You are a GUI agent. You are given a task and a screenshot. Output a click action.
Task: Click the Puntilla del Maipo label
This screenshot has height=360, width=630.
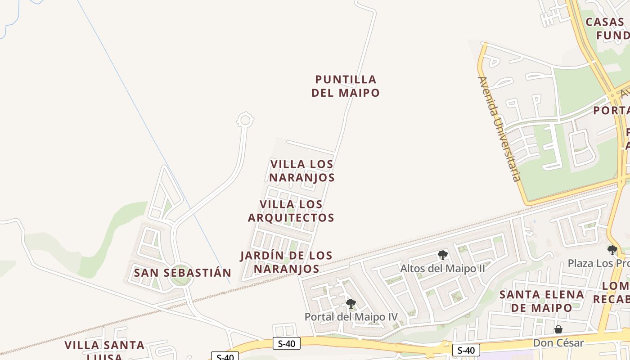coord(346,86)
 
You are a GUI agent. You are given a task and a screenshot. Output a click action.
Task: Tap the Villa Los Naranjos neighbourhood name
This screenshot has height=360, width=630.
coord(302,171)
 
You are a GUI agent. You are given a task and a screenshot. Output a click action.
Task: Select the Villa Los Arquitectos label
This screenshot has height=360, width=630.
coord(291,211)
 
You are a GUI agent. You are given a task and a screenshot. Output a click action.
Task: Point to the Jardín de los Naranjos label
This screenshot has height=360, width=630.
coord(286,262)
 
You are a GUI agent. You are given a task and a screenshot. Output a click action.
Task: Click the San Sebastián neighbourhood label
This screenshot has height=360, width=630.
coord(182,273)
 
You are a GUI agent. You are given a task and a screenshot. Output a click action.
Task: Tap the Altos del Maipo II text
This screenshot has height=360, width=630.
coord(443,269)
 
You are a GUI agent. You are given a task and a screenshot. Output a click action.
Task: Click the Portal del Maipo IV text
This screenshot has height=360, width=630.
coord(351,317)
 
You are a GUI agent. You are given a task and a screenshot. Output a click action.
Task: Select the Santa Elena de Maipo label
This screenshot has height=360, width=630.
coord(542,301)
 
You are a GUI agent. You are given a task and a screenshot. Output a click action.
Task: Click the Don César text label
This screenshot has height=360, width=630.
coord(558,343)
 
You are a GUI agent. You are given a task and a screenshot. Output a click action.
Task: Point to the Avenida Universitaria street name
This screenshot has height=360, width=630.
coord(499,129)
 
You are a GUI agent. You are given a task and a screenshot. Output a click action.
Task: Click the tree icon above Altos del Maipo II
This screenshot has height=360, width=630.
coord(443,255)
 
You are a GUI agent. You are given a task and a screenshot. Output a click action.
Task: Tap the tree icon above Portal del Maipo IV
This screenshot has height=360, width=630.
coord(351,304)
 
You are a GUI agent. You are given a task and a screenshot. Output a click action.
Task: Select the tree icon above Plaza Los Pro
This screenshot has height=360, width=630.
coord(612,250)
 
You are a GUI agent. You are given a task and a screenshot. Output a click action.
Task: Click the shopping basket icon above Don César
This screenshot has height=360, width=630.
coord(558,329)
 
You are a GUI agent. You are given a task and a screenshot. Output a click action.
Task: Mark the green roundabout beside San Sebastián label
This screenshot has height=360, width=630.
coord(181,277)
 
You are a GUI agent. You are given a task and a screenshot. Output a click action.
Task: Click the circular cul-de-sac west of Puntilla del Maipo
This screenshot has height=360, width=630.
coord(245,120)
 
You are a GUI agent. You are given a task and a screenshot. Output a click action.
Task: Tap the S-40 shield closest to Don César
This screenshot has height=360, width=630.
coord(466,350)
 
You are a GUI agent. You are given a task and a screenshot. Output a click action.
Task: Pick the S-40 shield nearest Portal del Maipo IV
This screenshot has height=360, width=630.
coord(287,344)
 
